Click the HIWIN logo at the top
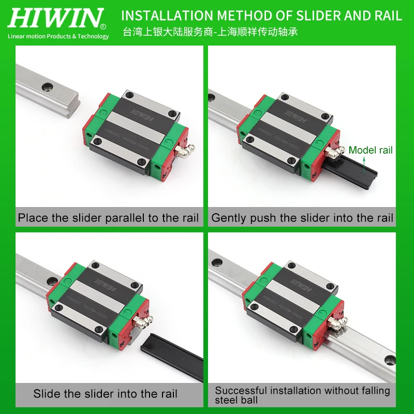pos(57,18)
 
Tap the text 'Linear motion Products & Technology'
pos(58,36)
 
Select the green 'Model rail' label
pos(370,151)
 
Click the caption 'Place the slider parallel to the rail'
pos(109,218)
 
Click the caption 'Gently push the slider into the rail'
pos(302,218)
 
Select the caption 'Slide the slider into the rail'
pos(106,393)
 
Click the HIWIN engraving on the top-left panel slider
pos(144,115)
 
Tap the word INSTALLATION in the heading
pos(164,16)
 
